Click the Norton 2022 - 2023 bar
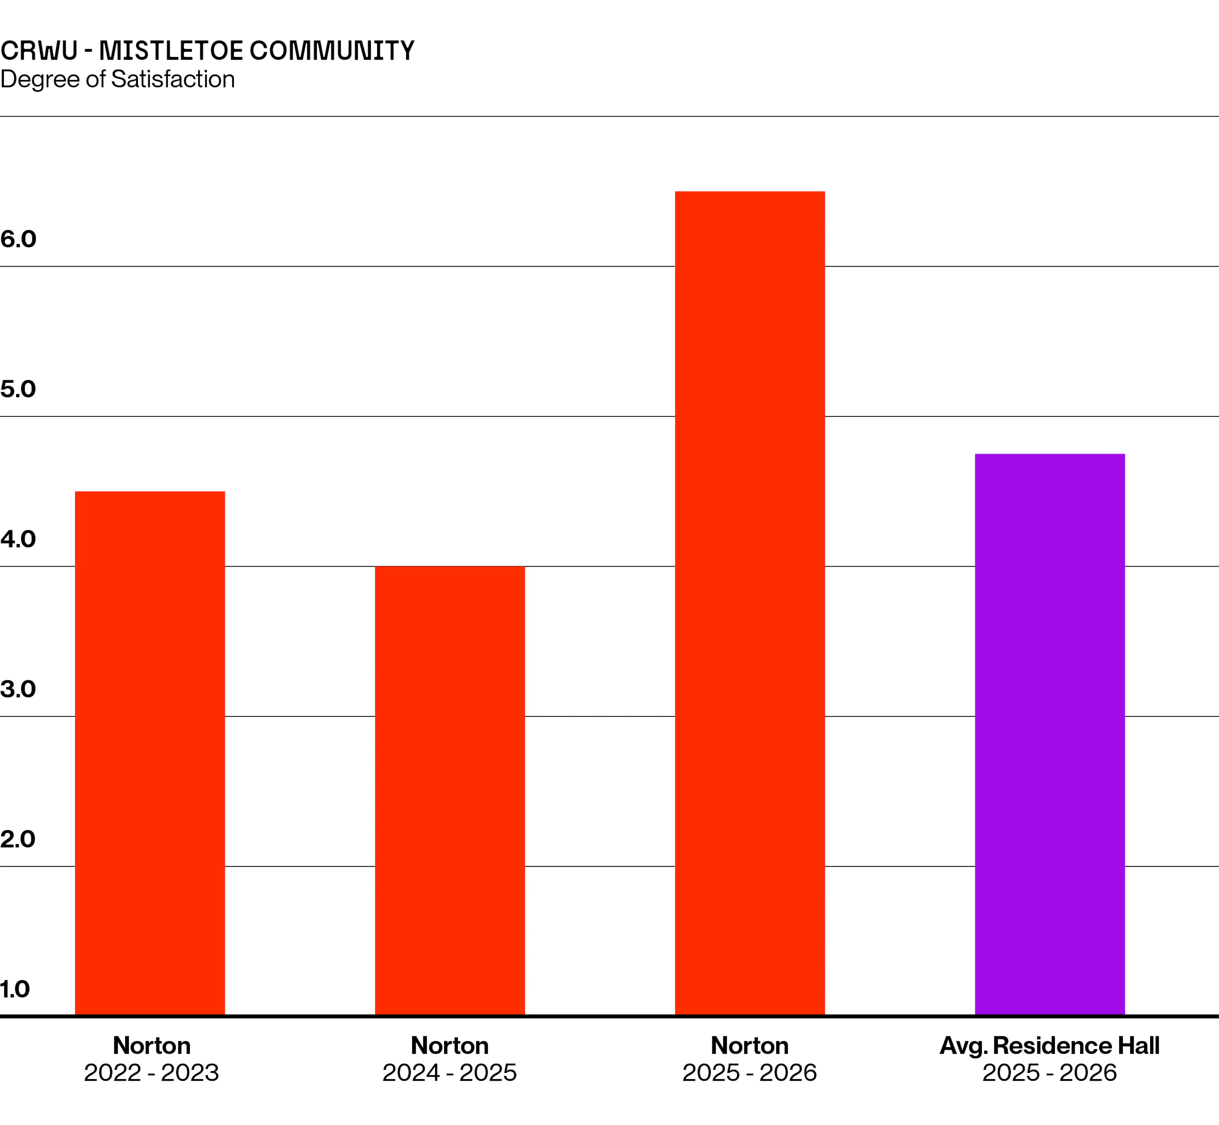coord(150,754)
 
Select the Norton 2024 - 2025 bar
coord(450,791)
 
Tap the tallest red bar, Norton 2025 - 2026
coord(750,603)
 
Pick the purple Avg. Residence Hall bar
coord(1050,735)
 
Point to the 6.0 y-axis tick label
coord(18,239)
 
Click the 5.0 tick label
coord(18,389)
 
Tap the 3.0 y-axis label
coord(18,689)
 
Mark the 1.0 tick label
coord(15,989)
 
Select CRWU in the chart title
coord(39,50)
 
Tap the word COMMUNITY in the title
coord(332,50)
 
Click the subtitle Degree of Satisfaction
coord(117,79)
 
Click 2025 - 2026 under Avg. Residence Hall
coord(1050,1073)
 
